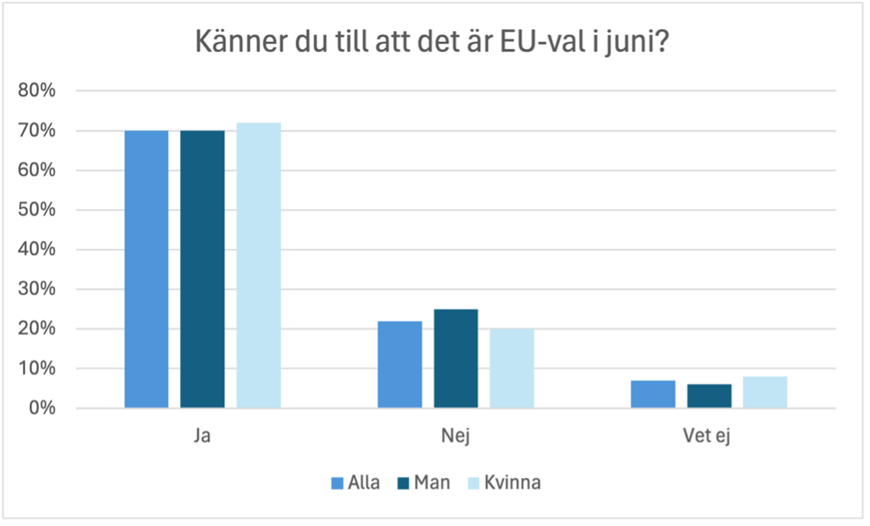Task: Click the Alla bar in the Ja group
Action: pyautogui.click(x=146, y=269)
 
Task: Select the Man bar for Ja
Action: pyautogui.click(x=203, y=269)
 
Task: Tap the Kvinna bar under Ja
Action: pyautogui.click(x=259, y=265)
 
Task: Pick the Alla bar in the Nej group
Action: pyautogui.click(x=400, y=364)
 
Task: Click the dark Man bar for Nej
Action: pyautogui.click(x=456, y=358)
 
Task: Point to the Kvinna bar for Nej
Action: pyautogui.click(x=512, y=368)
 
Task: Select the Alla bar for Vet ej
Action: pyautogui.click(x=653, y=394)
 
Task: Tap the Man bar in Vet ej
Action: pyautogui.click(x=709, y=396)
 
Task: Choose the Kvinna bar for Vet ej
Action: pyautogui.click(x=765, y=392)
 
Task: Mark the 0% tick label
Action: pyautogui.click(x=43, y=408)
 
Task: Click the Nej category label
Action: pyautogui.click(x=456, y=437)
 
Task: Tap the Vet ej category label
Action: pyautogui.click(x=709, y=437)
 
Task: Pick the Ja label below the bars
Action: pyautogui.click(x=203, y=437)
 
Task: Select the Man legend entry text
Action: pyautogui.click(x=432, y=483)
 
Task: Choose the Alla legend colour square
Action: pyautogui.click(x=337, y=483)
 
